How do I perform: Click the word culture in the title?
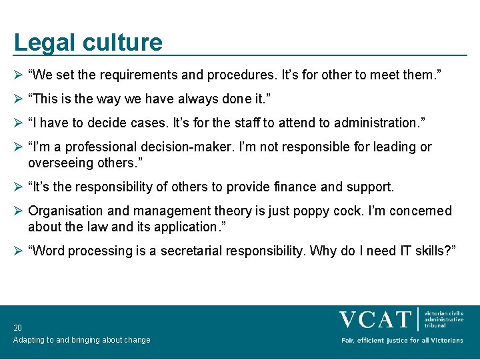click(x=123, y=43)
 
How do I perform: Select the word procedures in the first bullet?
click(x=235, y=75)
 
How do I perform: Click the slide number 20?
click(x=17, y=328)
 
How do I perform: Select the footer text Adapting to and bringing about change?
click(x=81, y=340)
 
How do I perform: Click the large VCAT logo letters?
click(x=375, y=319)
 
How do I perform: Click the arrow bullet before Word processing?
click(x=19, y=251)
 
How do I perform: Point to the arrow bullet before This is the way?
click(x=19, y=99)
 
